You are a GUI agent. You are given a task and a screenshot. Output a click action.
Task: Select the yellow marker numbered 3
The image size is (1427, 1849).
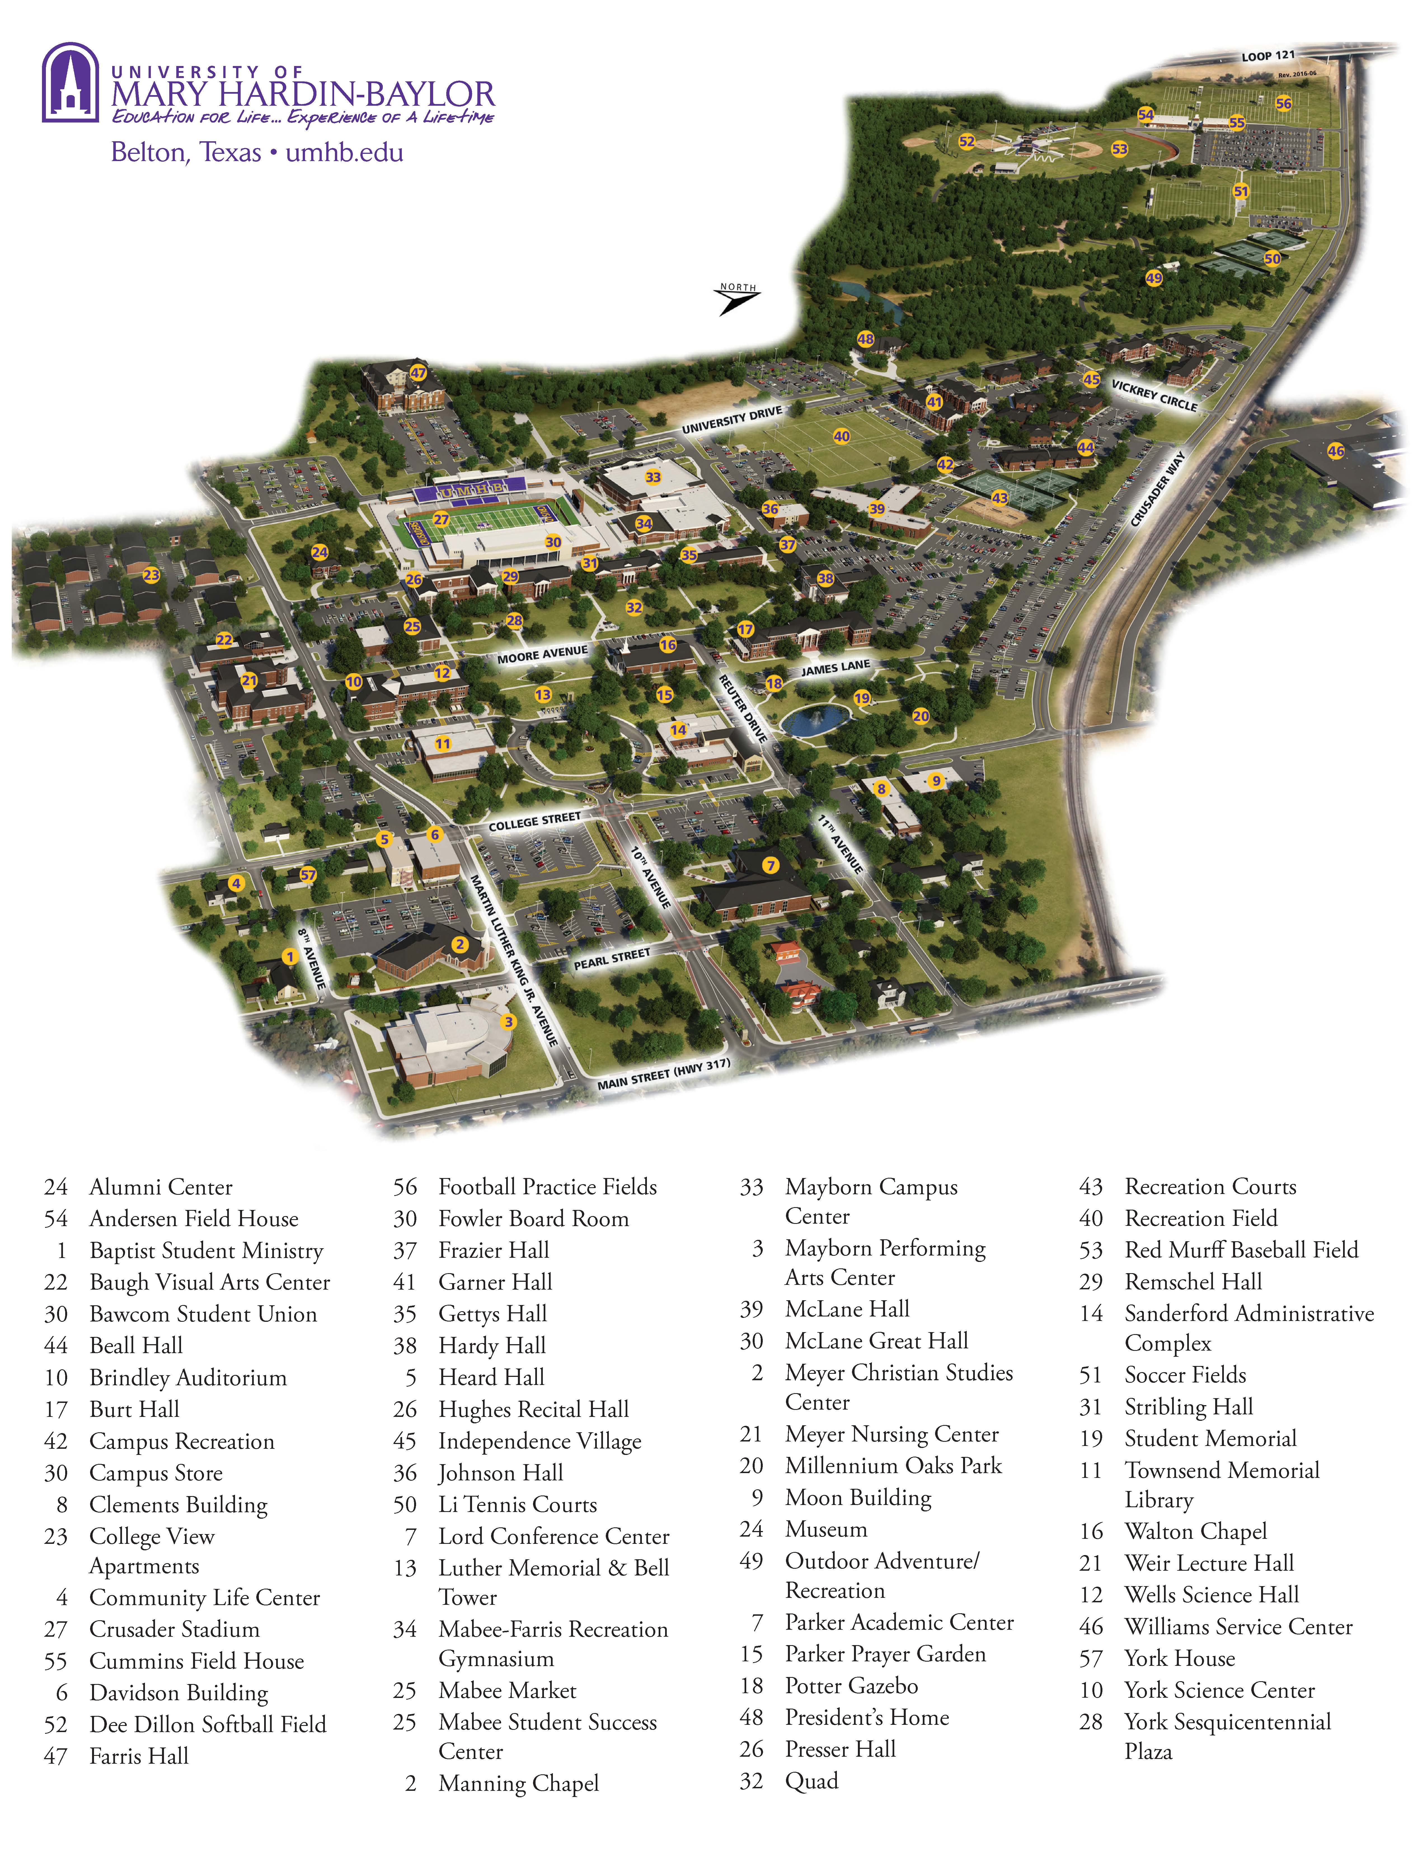click(508, 1022)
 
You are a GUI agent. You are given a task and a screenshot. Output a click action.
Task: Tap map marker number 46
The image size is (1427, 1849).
click(1336, 451)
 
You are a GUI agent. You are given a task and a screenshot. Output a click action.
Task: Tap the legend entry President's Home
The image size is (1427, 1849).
click(866, 1718)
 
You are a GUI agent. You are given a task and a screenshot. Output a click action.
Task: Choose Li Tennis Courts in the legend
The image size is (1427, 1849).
click(517, 1504)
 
